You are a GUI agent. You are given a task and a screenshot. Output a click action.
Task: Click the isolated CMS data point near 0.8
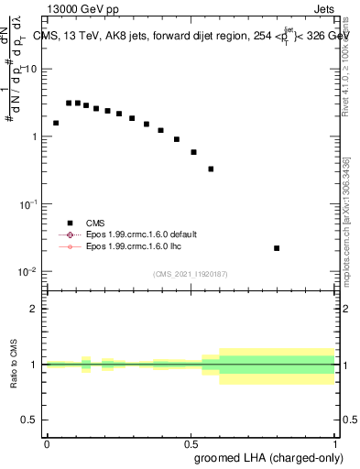pyautogui.click(x=277, y=248)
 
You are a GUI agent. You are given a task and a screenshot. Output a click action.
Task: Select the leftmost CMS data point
pyautogui.click(x=56, y=123)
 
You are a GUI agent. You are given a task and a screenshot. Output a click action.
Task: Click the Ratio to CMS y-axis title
pyautogui.click(x=14, y=365)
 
